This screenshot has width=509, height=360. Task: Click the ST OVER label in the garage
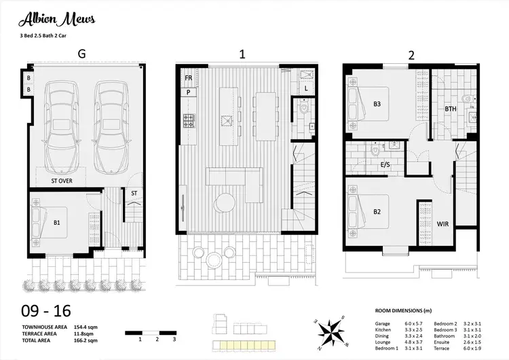tap(62, 181)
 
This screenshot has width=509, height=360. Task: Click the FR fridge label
tap(187, 79)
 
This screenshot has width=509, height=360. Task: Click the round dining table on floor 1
tap(224, 202)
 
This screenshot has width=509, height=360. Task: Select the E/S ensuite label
tap(385, 164)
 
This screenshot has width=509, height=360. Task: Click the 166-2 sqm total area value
tap(83, 342)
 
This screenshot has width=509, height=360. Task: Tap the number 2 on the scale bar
tap(157, 338)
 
